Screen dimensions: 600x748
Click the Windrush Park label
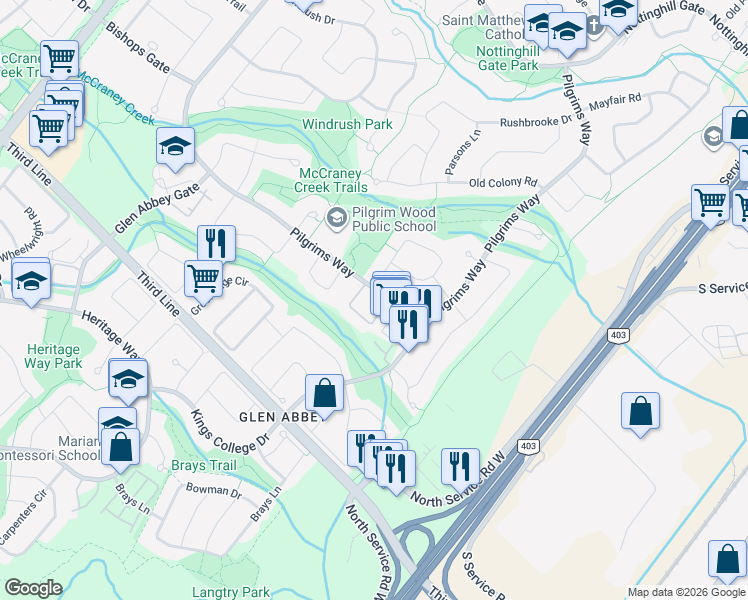tap(347, 125)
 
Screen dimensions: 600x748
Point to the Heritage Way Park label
tap(54, 356)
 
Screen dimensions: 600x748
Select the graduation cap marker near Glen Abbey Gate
tap(175, 148)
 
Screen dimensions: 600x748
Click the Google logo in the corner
tap(33, 588)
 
